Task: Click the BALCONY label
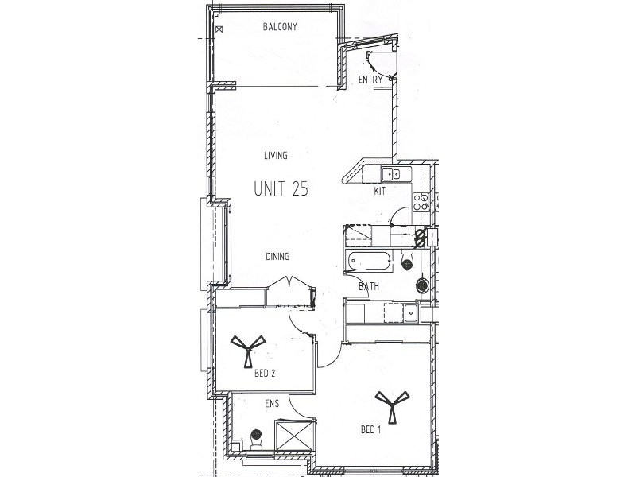point(280,27)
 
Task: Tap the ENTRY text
point(370,79)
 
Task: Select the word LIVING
point(276,156)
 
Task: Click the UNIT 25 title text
point(281,189)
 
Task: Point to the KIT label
point(381,192)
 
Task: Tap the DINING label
point(277,257)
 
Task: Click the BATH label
point(367,287)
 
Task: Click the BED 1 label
point(371,430)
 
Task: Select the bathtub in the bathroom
point(368,260)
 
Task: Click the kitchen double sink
point(390,174)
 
